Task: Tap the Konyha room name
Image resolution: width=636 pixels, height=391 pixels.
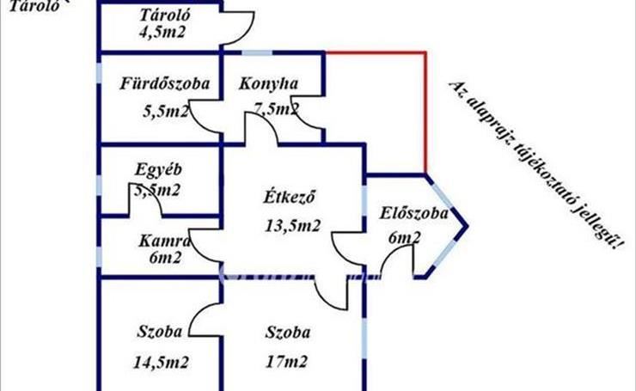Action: click(x=268, y=84)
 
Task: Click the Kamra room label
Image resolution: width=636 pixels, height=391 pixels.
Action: click(x=158, y=241)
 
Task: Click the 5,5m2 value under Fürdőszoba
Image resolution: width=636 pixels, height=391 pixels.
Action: click(x=163, y=111)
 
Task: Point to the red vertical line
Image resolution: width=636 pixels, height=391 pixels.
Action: click(x=425, y=112)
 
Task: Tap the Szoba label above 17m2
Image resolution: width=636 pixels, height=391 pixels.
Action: click(x=288, y=333)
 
